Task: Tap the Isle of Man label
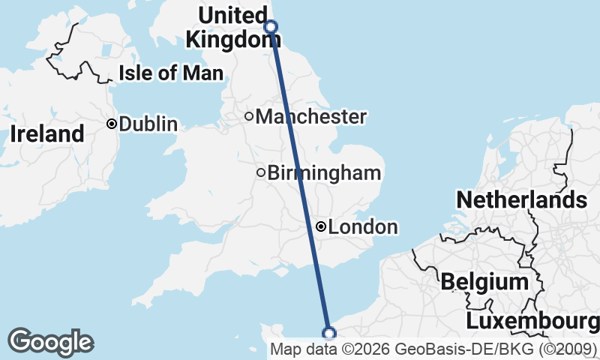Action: (x=171, y=73)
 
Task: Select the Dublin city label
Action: (x=148, y=124)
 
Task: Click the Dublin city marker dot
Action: (x=111, y=124)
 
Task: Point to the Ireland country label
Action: (x=46, y=135)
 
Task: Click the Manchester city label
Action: (x=310, y=117)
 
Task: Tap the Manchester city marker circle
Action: (x=249, y=116)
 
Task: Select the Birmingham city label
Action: (x=324, y=173)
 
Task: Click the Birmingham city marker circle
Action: (x=261, y=172)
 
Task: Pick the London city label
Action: (x=363, y=227)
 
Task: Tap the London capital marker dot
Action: (x=321, y=226)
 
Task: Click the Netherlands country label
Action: (x=521, y=200)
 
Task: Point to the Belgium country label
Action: (x=484, y=282)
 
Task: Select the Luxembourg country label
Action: (x=532, y=322)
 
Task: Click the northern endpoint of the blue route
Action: (x=271, y=27)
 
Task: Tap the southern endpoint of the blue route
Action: (x=328, y=333)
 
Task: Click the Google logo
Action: (x=50, y=342)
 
